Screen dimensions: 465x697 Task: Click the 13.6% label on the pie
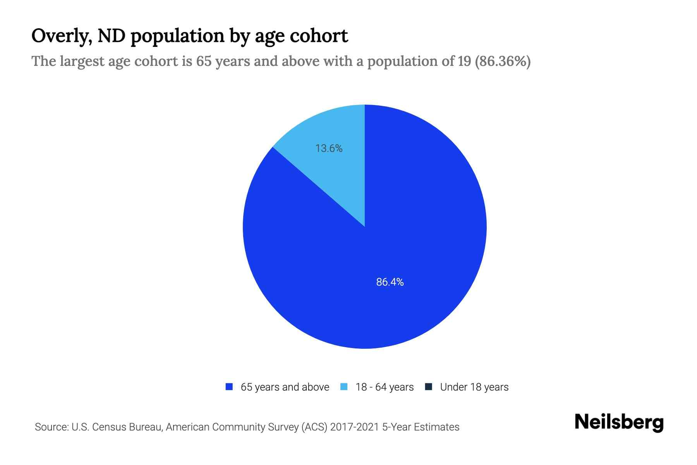tap(329, 148)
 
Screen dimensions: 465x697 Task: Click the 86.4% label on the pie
tap(390, 282)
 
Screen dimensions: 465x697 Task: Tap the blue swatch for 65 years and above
tap(229, 387)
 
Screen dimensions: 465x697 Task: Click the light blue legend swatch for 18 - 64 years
tap(344, 387)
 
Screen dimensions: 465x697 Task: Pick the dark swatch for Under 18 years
tap(429, 387)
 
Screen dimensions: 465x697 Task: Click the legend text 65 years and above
tap(285, 387)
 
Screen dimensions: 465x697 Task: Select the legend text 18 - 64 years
tap(385, 387)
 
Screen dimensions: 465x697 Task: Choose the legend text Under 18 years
tap(474, 387)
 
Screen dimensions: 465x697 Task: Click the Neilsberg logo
tap(619, 422)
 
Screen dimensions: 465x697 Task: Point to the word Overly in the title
tap(61, 36)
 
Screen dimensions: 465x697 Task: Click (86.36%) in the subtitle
tap(503, 61)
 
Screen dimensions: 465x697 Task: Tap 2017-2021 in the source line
tap(354, 427)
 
